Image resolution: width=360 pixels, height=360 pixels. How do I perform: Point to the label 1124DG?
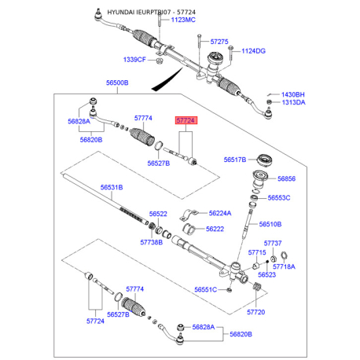point(253,51)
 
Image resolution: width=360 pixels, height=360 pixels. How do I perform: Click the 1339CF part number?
point(135,60)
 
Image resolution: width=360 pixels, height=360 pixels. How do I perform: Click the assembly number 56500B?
point(117,82)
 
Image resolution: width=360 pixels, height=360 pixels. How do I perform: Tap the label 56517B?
point(235,158)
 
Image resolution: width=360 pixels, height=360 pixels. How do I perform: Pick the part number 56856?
point(288,178)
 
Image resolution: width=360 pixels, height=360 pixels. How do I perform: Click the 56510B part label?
point(270,223)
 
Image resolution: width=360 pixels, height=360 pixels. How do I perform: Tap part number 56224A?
point(220,213)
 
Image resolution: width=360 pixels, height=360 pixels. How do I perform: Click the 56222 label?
point(215,229)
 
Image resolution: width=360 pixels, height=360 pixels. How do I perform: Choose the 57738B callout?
point(151,242)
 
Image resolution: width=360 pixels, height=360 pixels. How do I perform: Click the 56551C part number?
point(206,290)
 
